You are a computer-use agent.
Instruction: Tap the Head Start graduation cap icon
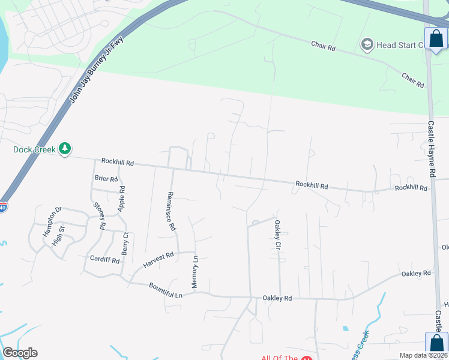(366, 44)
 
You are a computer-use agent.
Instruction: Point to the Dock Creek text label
(34, 149)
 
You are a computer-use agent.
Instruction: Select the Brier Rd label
(106, 178)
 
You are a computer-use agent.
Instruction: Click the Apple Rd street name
(122, 196)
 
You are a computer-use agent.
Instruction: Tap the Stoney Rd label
(99, 216)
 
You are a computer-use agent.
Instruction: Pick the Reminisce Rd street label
(170, 211)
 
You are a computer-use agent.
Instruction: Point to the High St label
(58, 239)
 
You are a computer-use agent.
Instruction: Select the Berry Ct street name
(125, 244)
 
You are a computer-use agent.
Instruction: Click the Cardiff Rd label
(104, 260)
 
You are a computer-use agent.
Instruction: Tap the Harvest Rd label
(158, 260)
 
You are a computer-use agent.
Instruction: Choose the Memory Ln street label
(194, 271)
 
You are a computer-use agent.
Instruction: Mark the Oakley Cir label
(277, 235)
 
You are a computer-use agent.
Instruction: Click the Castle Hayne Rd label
(431, 149)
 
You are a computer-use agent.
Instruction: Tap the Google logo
(20, 353)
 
